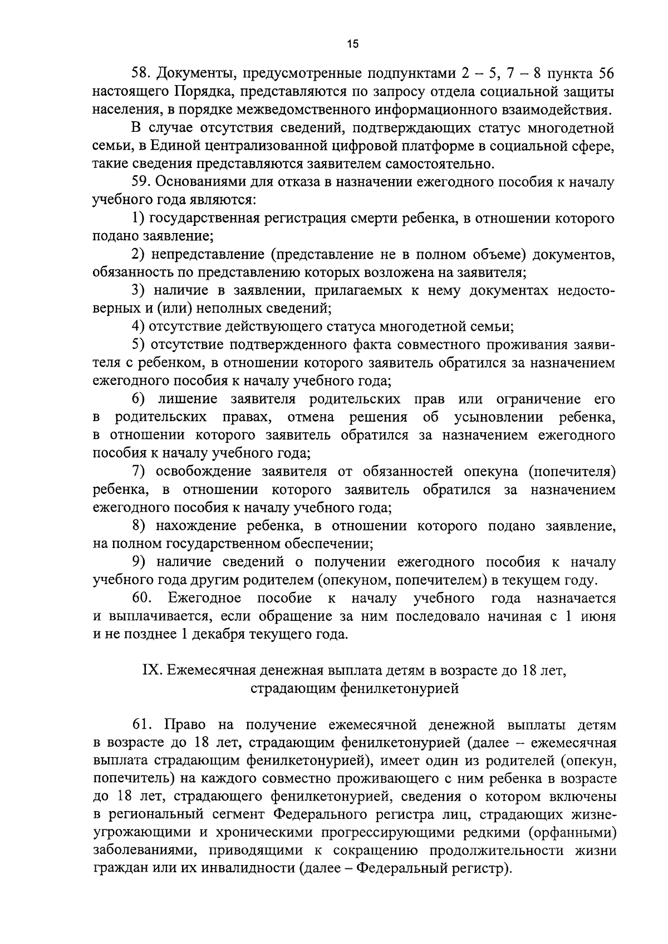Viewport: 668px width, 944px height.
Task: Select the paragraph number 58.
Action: [x=141, y=73]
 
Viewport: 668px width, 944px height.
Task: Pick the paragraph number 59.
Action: [x=141, y=182]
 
